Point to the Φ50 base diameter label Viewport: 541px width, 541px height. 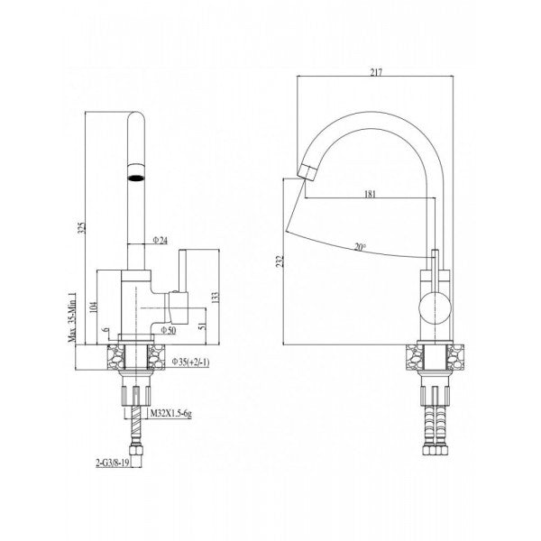point(168,331)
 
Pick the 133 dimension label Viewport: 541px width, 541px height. point(215,298)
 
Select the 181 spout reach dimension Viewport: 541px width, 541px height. point(371,193)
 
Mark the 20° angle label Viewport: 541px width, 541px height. point(361,245)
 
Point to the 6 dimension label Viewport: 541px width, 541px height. point(106,335)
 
